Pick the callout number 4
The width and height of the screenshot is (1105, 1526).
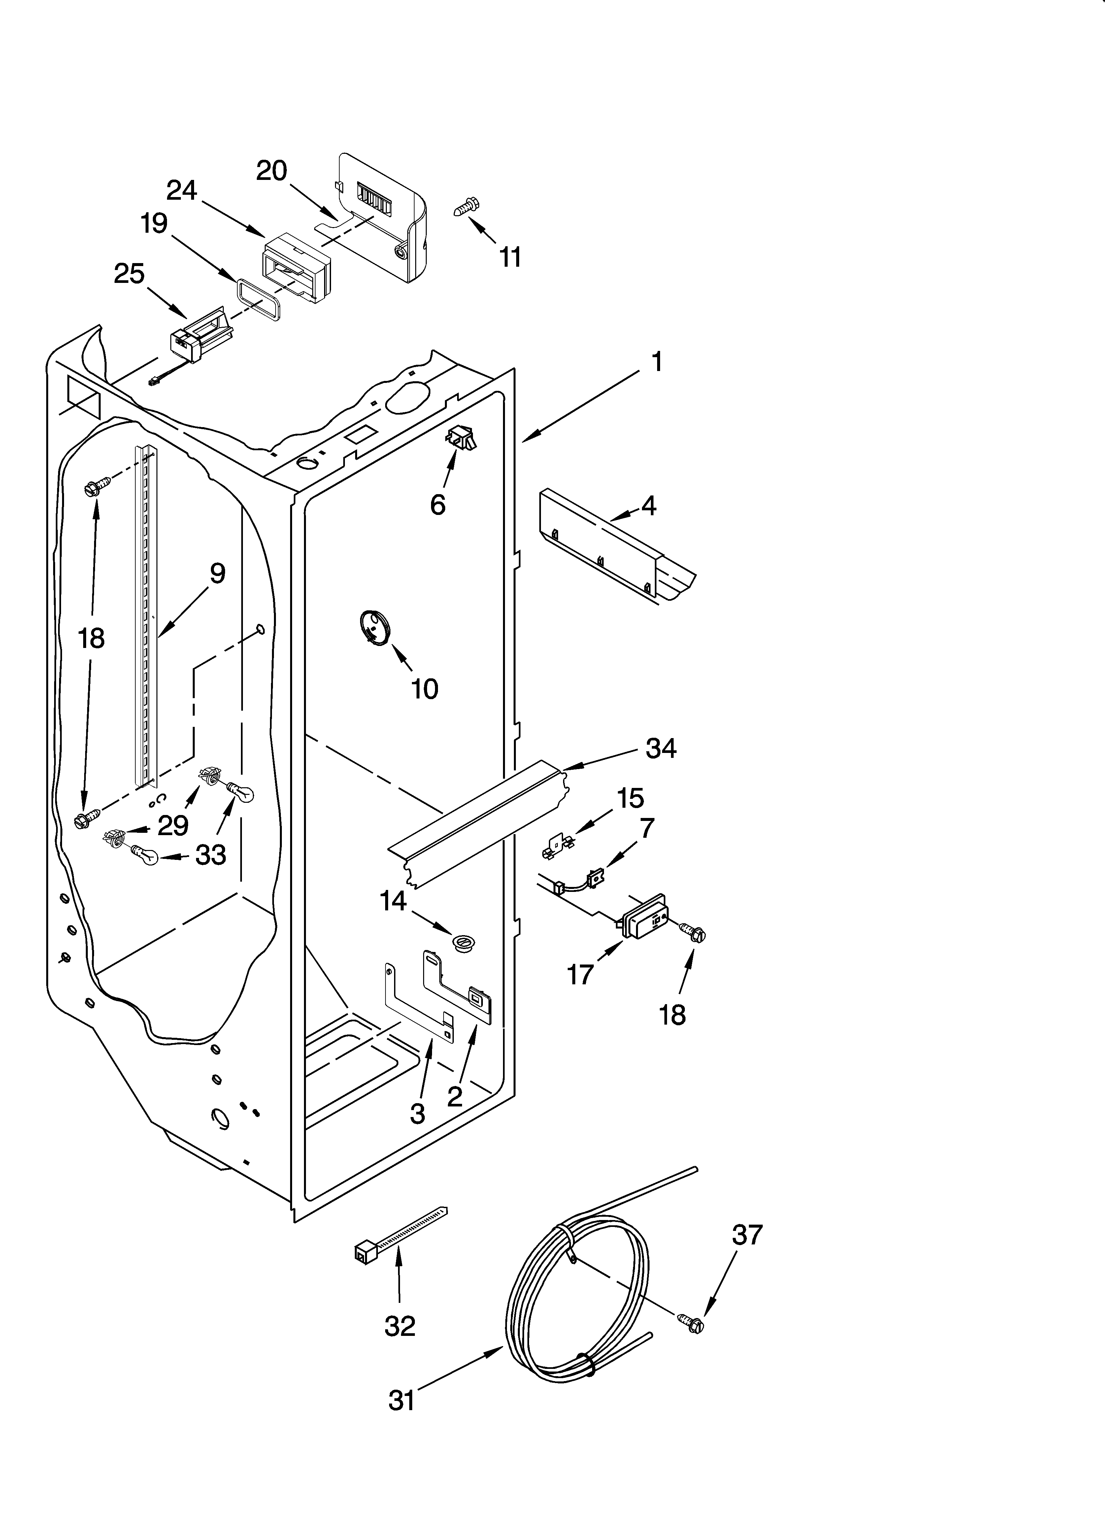(x=648, y=505)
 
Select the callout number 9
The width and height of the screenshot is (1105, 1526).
(x=217, y=574)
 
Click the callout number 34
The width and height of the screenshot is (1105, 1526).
(x=661, y=748)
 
